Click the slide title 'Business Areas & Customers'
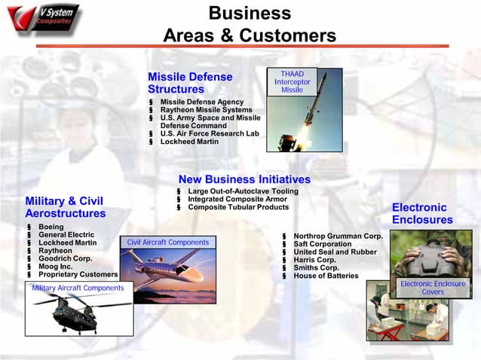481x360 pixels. [x=250, y=25]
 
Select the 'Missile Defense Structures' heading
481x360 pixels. [x=190, y=83]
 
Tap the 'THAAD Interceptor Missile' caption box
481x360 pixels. [x=292, y=82]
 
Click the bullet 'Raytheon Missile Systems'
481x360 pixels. [x=206, y=110]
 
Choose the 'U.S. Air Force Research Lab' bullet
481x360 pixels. [x=209, y=133]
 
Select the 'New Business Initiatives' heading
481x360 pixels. [x=244, y=179]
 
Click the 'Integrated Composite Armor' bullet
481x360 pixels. [x=237, y=199]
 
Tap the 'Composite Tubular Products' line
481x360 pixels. [x=237, y=207]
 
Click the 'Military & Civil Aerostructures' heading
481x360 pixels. [x=65, y=207]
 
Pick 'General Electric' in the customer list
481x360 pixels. [x=66, y=235]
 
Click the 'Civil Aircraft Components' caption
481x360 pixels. [x=168, y=243]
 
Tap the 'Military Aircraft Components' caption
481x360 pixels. [x=78, y=288]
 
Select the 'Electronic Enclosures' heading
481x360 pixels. [x=422, y=213]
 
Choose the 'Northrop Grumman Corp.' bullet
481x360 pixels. [x=338, y=236]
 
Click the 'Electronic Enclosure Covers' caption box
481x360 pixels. [x=433, y=288]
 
